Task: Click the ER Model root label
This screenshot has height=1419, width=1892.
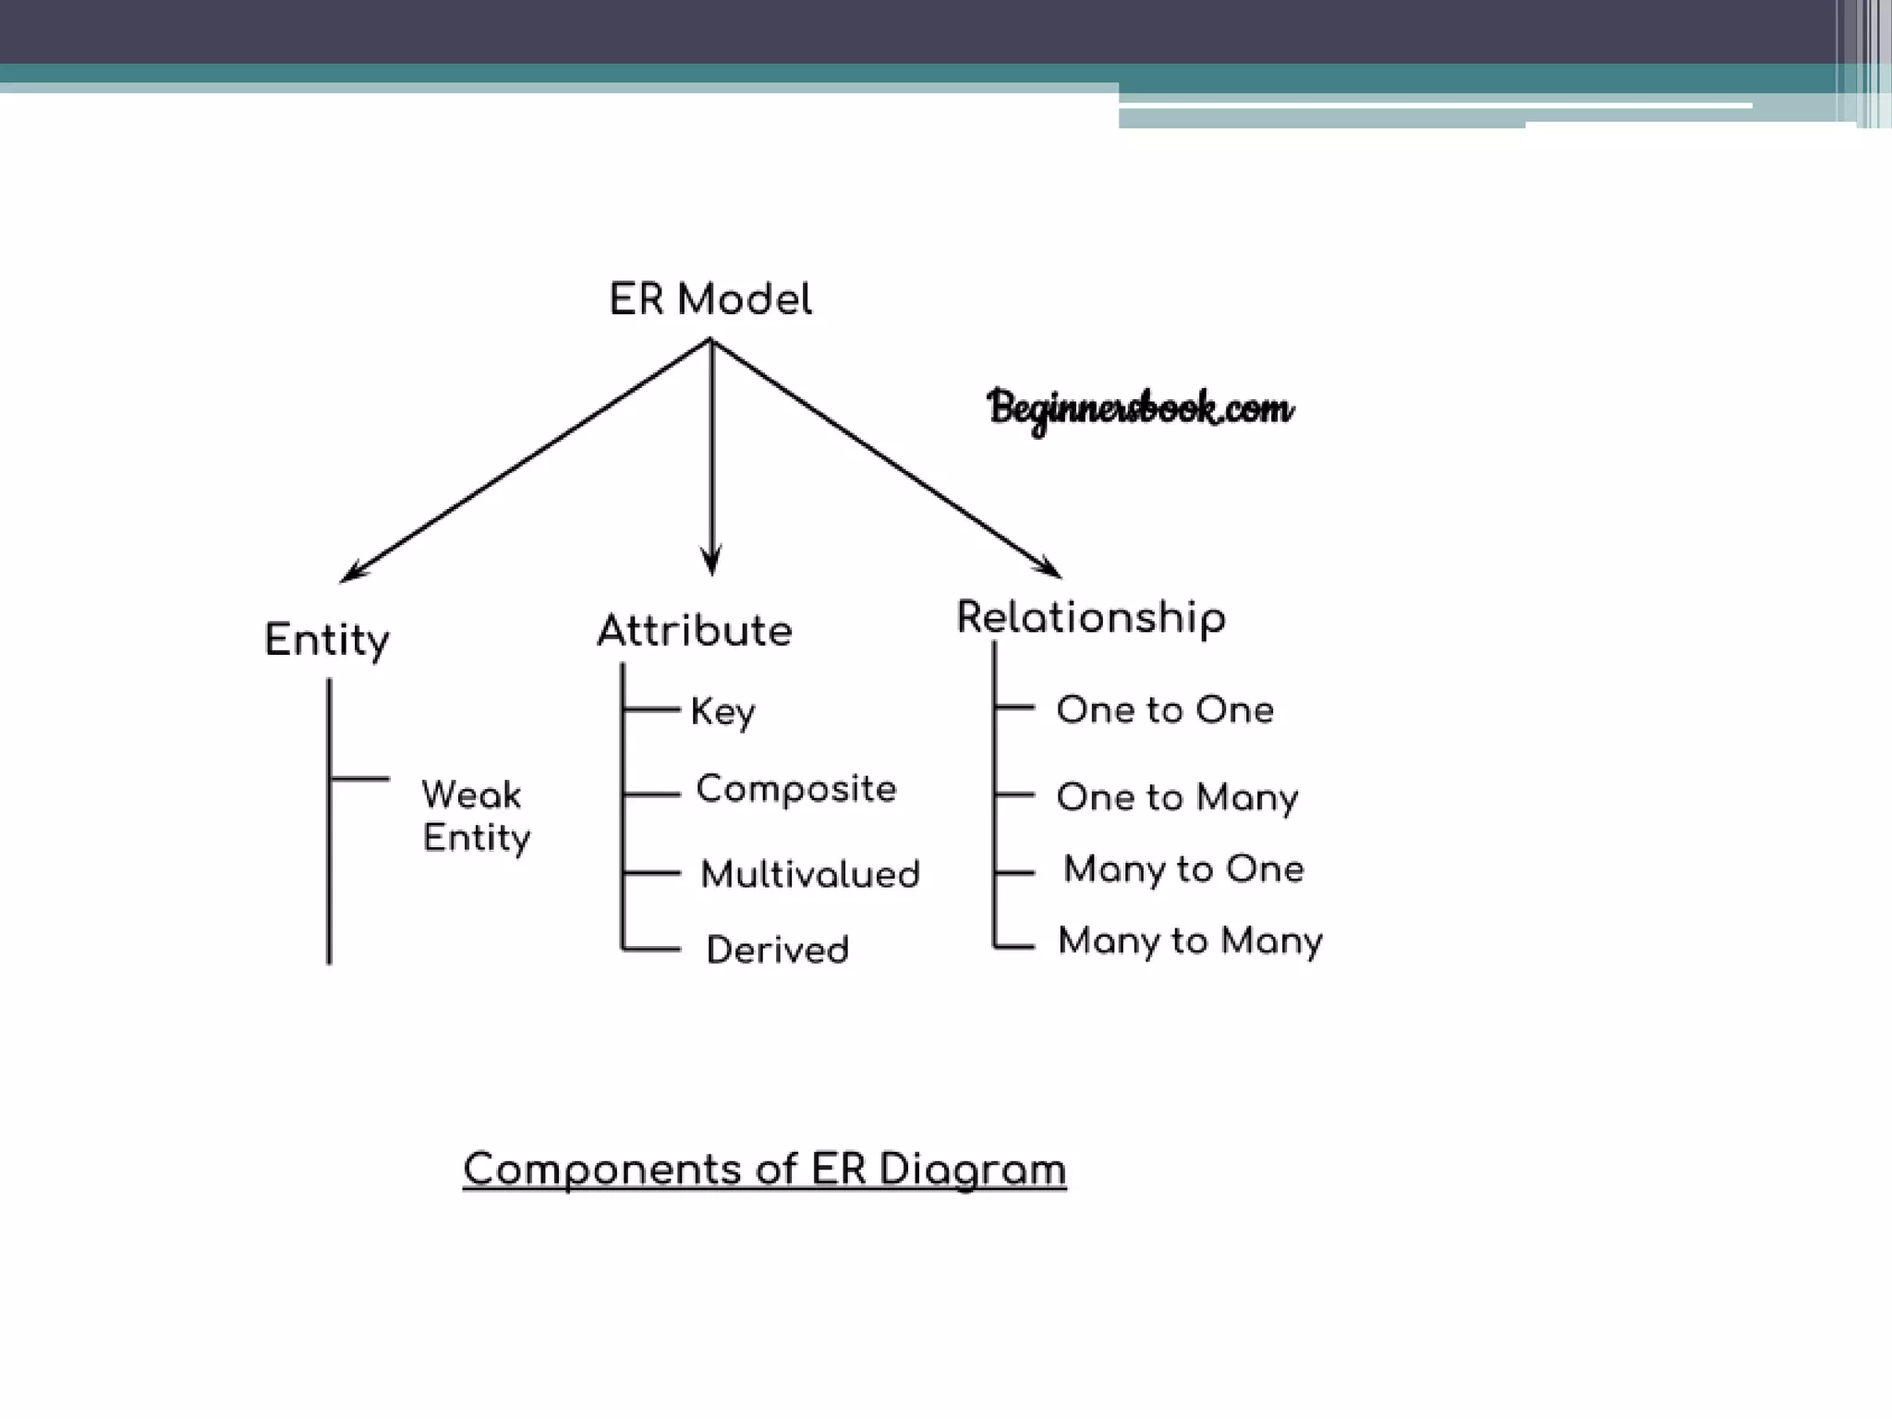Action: (x=710, y=299)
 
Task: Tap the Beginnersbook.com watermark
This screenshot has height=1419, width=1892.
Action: (x=1140, y=408)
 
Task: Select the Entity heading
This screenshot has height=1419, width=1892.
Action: (x=327, y=639)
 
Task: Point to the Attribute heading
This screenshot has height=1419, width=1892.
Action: (x=695, y=631)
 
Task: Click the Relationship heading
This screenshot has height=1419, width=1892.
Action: (x=1091, y=617)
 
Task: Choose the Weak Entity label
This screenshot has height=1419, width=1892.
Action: (x=476, y=816)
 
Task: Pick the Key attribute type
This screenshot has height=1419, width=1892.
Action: (x=722, y=711)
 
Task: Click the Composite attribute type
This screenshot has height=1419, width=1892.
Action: (x=795, y=789)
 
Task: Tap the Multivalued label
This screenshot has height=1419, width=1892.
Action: (x=810, y=874)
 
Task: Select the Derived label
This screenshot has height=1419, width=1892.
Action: (x=777, y=950)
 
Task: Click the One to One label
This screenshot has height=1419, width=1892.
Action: (x=1165, y=709)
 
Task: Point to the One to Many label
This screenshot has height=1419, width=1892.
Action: (x=1177, y=797)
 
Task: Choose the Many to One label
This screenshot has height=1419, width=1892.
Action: (x=1183, y=869)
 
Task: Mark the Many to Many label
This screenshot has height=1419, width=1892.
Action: (x=1190, y=941)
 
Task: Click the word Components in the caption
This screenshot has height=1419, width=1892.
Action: (x=601, y=1170)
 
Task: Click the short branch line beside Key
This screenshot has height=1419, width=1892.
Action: (x=652, y=709)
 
